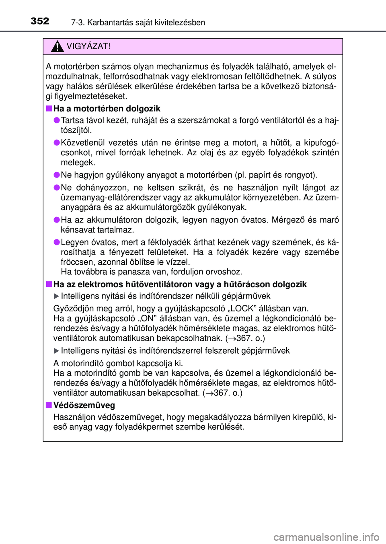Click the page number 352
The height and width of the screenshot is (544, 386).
pyautogui.click(x=40, y=21)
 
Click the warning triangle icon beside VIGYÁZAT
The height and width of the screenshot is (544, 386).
pyautogui.click(x=57, y=47)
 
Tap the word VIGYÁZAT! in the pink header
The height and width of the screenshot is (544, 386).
pyautogui.click(x=88, y=46)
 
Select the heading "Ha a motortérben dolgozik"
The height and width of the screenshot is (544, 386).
pyautogui.click(x=107, y=109)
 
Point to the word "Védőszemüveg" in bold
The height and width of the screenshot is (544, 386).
pyautogui.click(x=84, y=405)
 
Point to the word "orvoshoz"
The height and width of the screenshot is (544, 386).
pyautogui.click(x=224, y=272)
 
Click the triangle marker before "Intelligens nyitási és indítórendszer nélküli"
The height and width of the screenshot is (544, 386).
pyautogui.click(x=56, y=297)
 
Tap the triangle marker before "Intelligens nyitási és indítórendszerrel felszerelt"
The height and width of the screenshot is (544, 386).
pyautogui.click(x=56, y=351)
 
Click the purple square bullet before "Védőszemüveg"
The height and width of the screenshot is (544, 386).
pyautogui.click(x=49, y=405)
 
